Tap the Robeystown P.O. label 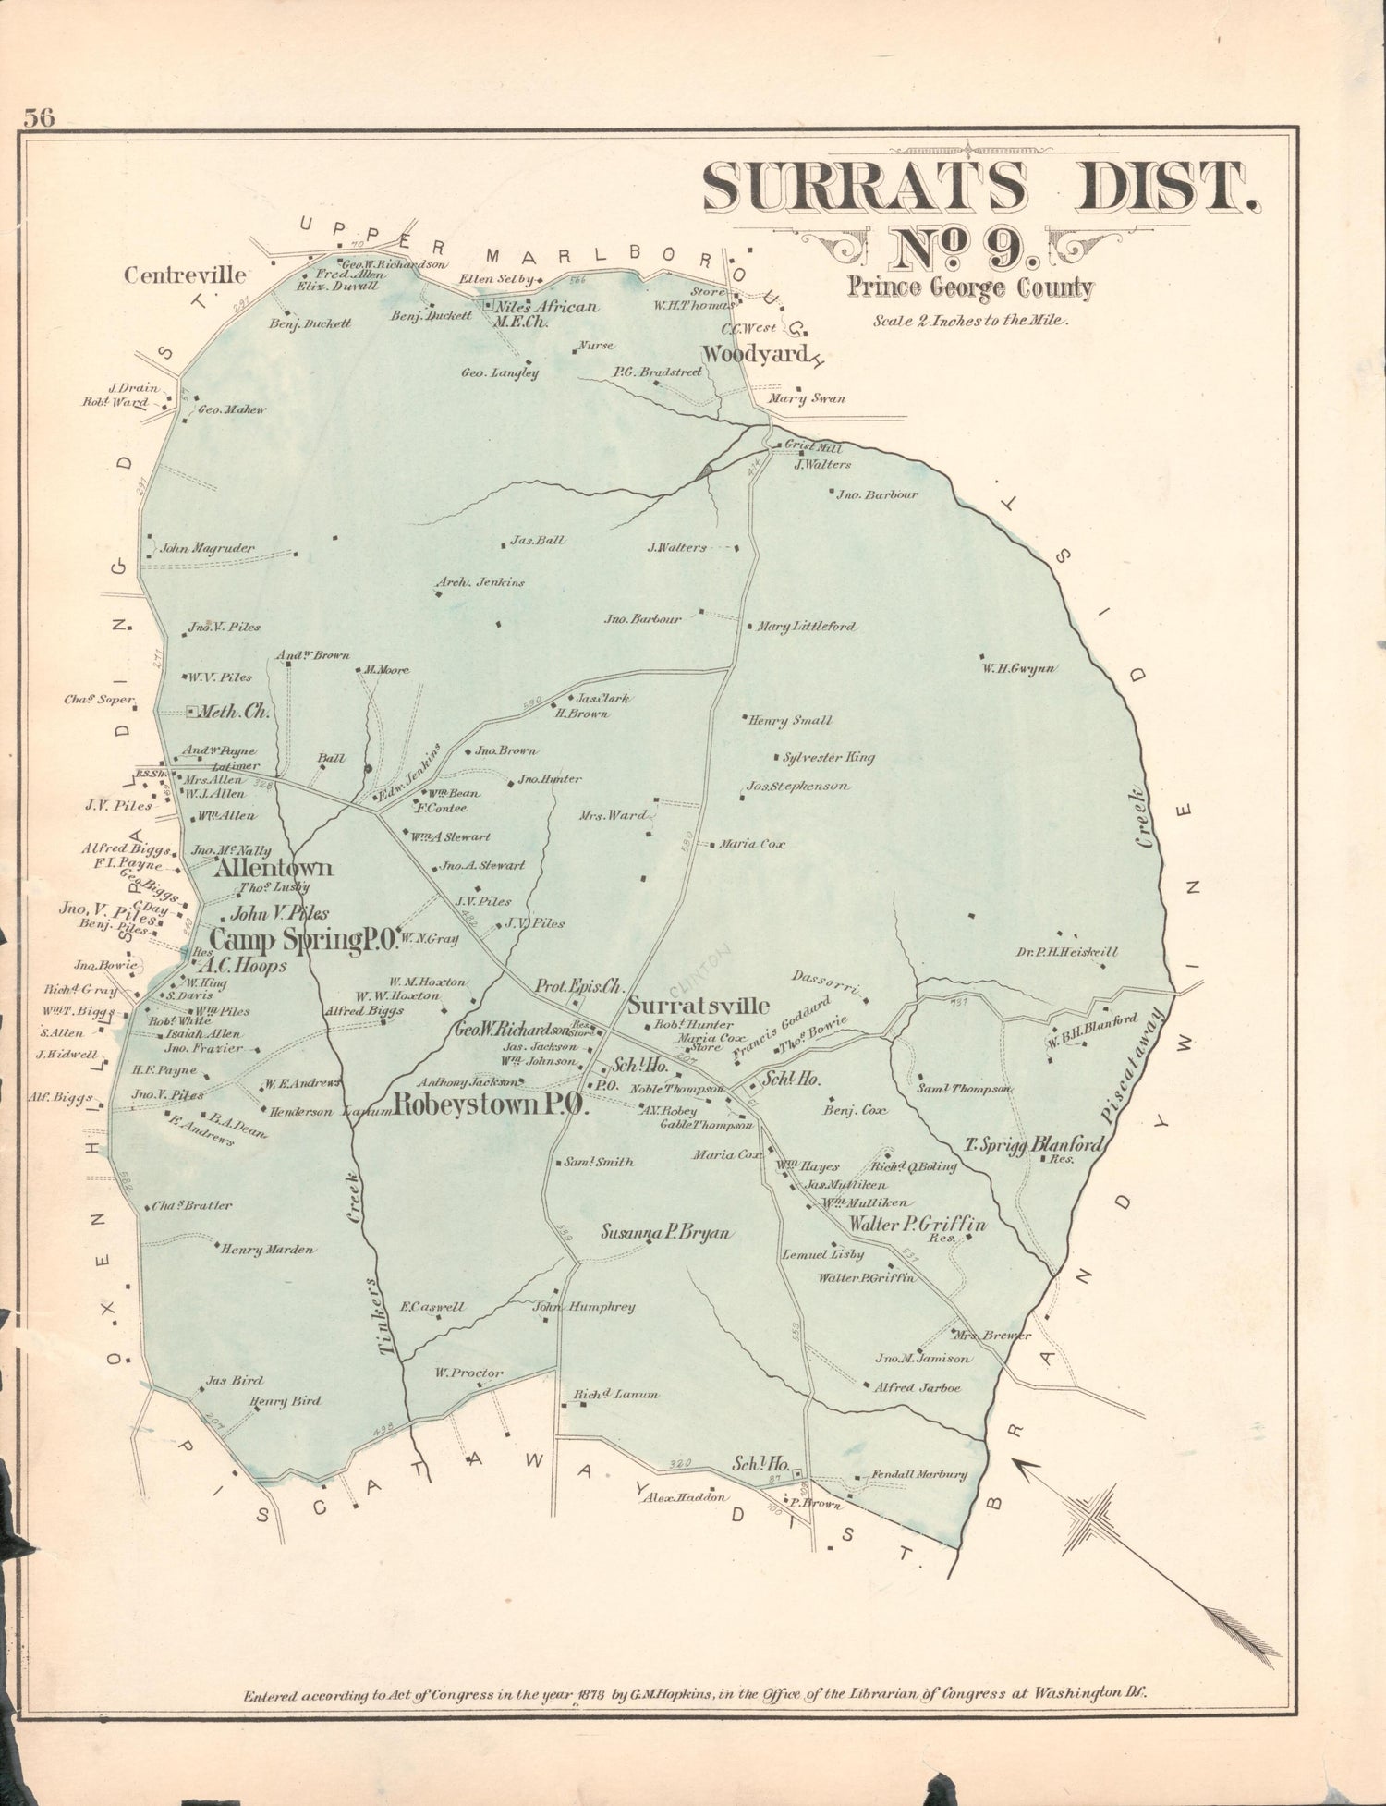pos(491,1105)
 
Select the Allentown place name pos(274,868)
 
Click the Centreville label pos(186,275)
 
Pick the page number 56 pos(40,117)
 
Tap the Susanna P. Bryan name pos(666,1232)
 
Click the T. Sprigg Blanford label pos(1034,1145)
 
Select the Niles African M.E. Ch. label pos(545,313)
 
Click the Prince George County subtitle pos(970,288)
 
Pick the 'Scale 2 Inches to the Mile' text pos(970,322)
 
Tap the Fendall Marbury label pos(918,1474)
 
